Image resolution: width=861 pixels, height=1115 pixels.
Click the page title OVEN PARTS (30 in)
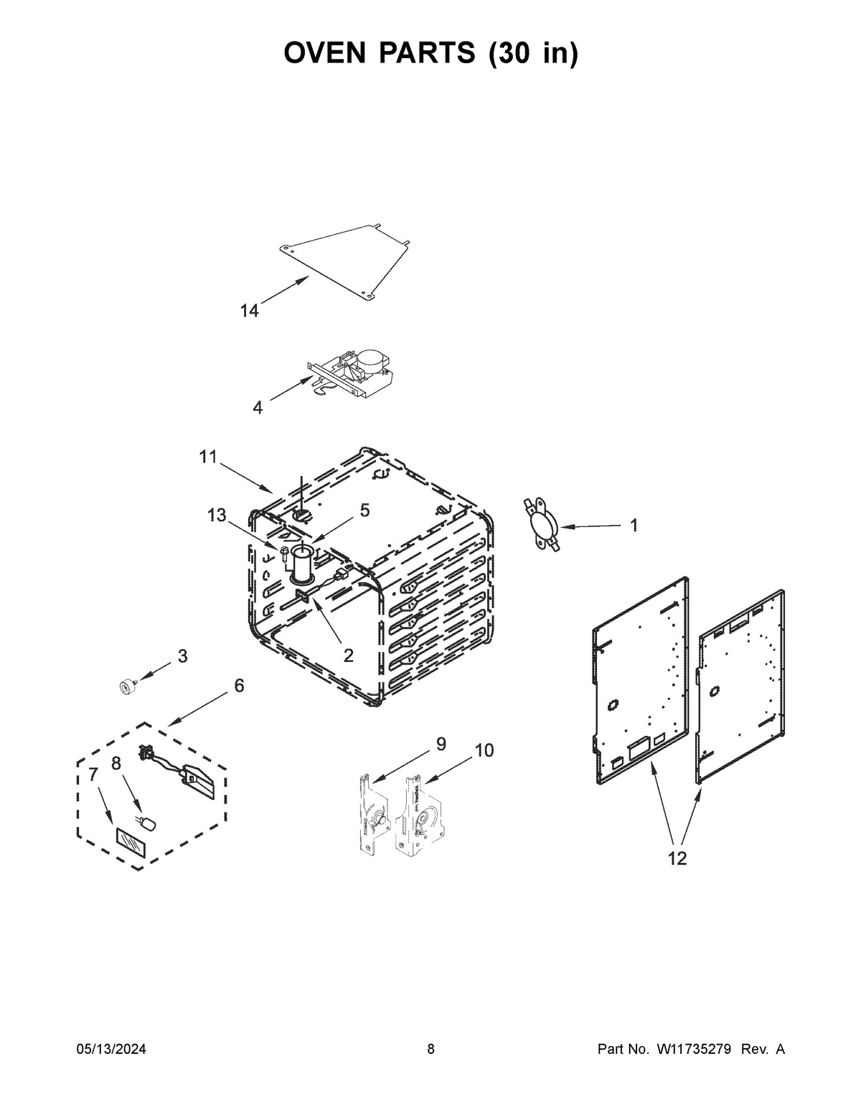pos(430,53)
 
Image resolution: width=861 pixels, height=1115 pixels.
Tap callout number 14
pos(249,311)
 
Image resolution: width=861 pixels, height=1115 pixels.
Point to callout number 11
pos(207,457)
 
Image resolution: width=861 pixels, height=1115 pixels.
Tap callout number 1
pos(634,525)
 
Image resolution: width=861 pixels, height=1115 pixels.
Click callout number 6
pos(239,686)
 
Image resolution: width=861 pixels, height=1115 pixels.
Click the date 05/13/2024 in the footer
pos(111,1050)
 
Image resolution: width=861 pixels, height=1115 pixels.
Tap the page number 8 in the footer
pos(430,1050)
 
